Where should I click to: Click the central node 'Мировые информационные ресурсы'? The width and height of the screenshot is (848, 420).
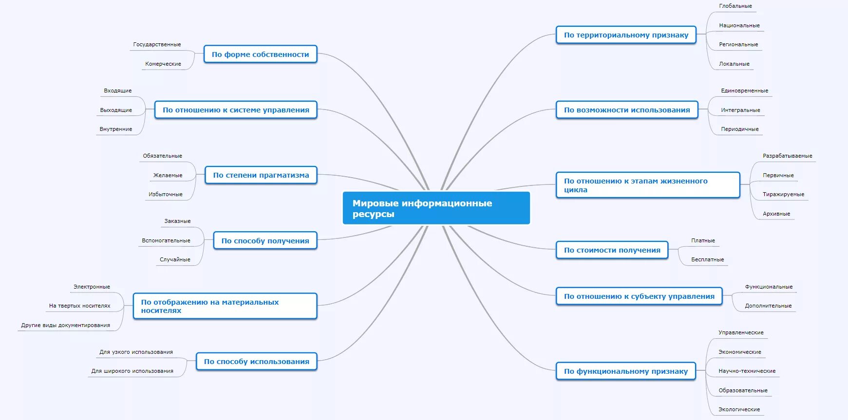[x=436, y=208]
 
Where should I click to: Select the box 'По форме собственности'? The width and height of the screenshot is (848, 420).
[x=260, y=55]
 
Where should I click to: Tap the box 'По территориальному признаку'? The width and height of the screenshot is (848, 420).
[x=626, y=35]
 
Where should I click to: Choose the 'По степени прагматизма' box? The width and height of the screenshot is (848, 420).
[x=261, y=175]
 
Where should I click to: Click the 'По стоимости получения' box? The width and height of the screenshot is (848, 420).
[x=612, y=250]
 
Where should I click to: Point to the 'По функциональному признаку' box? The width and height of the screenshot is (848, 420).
[x=626, y=371]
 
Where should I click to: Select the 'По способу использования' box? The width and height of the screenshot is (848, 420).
[x=256, y=362]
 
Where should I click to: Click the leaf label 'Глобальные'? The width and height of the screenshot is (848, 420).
[x=735, y=6]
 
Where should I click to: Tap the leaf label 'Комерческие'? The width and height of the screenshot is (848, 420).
[x=163, y=64]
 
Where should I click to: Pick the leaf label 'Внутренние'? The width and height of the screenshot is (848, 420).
[x=116, y=129]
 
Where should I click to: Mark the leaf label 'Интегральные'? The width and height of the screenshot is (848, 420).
[x=740, y=110]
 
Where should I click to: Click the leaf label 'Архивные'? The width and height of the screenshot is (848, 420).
[x=776, y=214]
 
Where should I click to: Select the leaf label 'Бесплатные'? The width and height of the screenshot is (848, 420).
[x=707, y=259]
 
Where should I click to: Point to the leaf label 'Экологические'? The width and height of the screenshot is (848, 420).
[x=739, y=409]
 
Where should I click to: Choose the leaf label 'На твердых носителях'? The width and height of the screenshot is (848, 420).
[x=79, y=306]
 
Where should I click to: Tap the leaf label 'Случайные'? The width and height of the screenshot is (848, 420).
[x=175, y=259]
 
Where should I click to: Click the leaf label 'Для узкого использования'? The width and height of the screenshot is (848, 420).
[x=136, y=352]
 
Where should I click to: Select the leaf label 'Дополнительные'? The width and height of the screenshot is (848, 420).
[x=768, y=306]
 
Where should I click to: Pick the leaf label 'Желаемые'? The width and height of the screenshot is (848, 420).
[x=168, y=175]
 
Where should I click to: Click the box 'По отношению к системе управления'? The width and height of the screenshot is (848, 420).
[x=236, y=110]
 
